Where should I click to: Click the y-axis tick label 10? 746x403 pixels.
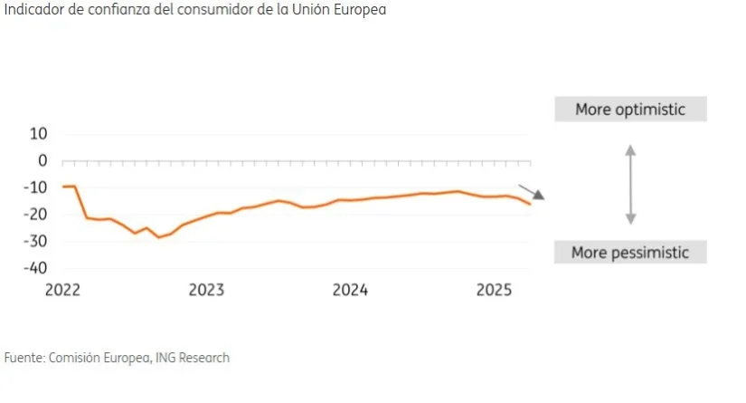click(x=38, y=134)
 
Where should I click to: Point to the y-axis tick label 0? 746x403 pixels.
click(x=42, y=160)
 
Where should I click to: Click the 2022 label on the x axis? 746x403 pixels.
click(x=62, y=291)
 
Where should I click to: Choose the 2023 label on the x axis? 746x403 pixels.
click(x=206, y=291)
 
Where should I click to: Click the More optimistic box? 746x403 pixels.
click(x=630, y=110)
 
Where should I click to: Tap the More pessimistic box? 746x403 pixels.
click(x=630, y=253)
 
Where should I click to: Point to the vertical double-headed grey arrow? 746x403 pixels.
click(x=631, y=184)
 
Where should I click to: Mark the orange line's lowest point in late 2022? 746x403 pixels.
click(x=159, y=237)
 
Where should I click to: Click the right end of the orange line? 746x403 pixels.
click(x=530, y=204)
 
